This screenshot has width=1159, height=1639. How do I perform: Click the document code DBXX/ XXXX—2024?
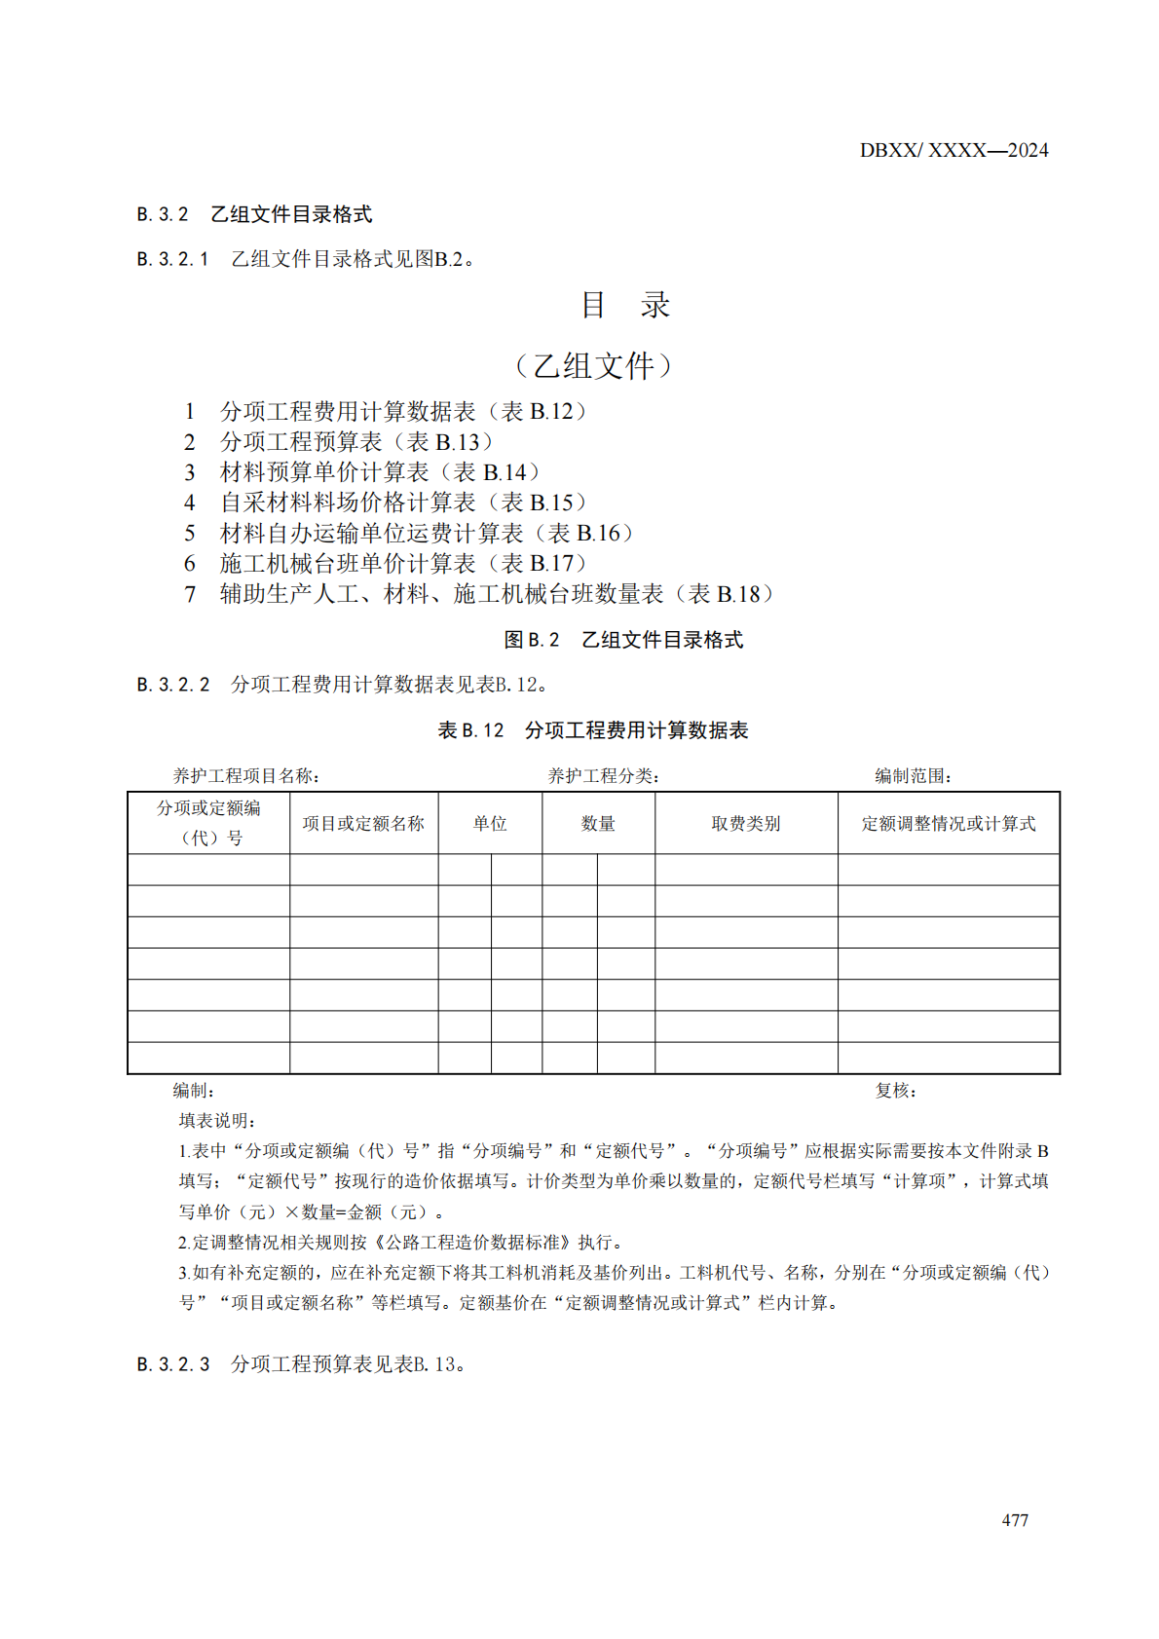[x=953, y=150]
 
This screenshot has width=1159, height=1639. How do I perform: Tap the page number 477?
[x=1014, y=1520]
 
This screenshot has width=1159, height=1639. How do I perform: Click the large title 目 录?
[x=625, y=305]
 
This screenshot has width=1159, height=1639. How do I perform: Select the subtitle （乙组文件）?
[x=593, y=365]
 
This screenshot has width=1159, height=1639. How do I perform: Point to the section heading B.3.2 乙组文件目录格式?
[x=254, y=214]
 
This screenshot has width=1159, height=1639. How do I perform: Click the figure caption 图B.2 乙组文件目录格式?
[x=623, y=640]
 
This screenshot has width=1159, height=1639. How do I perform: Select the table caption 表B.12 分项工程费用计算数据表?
[x=593, y=730]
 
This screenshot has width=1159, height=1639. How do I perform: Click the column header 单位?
[x=490, y=824]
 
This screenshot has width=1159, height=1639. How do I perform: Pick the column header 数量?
[x=598, y=824]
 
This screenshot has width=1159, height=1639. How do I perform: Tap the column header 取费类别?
[x=745, y=824]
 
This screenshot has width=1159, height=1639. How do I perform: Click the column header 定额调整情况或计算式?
[x=948, y=824]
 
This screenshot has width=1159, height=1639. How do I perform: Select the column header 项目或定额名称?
[x=363, y=824]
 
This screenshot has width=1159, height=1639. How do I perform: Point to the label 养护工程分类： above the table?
[x=604, y=776]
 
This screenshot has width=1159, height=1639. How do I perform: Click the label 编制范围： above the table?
[x=913, y=776]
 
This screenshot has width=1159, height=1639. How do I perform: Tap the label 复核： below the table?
[x=895, y=1091]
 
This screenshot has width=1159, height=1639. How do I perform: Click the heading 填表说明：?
[x=217, y=1121]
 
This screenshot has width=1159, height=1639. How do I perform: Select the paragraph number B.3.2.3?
[x=173, y=1364]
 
